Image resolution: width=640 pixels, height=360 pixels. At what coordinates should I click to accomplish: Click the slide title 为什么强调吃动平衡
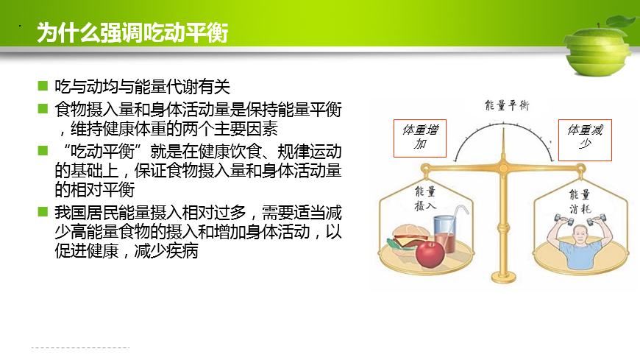click(x=132, y=32)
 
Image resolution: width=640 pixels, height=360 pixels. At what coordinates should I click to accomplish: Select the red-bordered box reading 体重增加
click(x=420, y=138)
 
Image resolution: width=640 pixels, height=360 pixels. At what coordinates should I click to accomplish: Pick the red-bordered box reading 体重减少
click(x=585, y=140)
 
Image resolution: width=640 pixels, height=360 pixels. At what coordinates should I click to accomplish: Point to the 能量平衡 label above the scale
click(x=507, y=105)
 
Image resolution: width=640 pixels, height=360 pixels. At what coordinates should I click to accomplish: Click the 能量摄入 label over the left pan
click(x=425, y=198)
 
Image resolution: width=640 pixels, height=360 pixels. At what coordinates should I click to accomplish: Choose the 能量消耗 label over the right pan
click(x=580, y=202)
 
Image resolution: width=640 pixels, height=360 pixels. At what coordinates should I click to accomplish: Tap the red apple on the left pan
click(x=430, y=254)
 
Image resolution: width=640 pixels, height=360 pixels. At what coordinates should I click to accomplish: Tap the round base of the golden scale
click(x=504, y=278)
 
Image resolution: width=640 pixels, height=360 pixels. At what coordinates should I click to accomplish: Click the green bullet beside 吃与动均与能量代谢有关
click(x=43, y=86)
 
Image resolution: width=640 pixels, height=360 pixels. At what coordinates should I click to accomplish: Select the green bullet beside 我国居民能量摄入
click(x=43, y=212)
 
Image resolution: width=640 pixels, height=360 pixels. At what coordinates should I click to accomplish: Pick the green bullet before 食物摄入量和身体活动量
click(x=43, y=109)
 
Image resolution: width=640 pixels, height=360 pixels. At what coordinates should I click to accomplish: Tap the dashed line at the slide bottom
click(x=80, y=347)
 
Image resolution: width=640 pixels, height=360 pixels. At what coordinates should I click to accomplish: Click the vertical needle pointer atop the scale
click(x=503, y=146)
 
